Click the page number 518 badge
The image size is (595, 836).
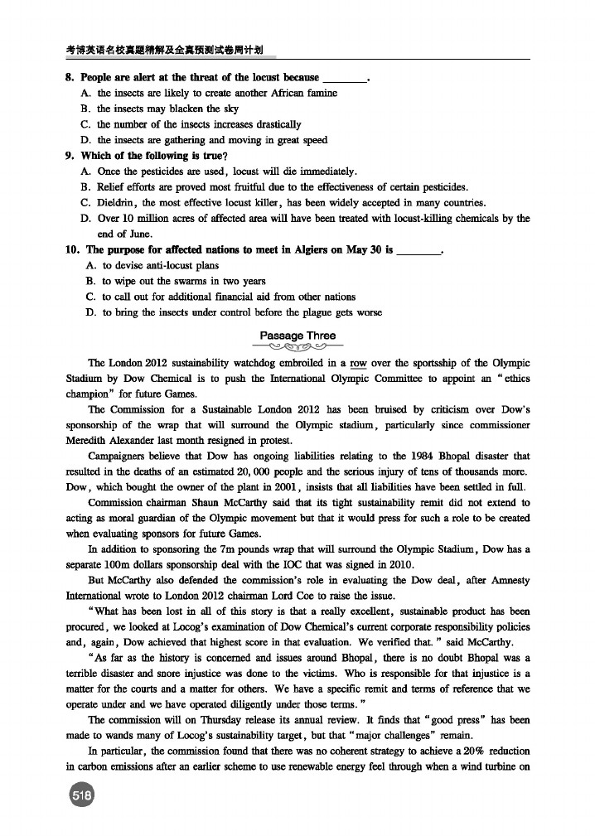click(x=81, y=795)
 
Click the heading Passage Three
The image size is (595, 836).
click(x=297, y=336)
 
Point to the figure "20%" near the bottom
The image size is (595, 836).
click(x=467, y=751)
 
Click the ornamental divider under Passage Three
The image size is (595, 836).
click(x=297, y=347)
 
